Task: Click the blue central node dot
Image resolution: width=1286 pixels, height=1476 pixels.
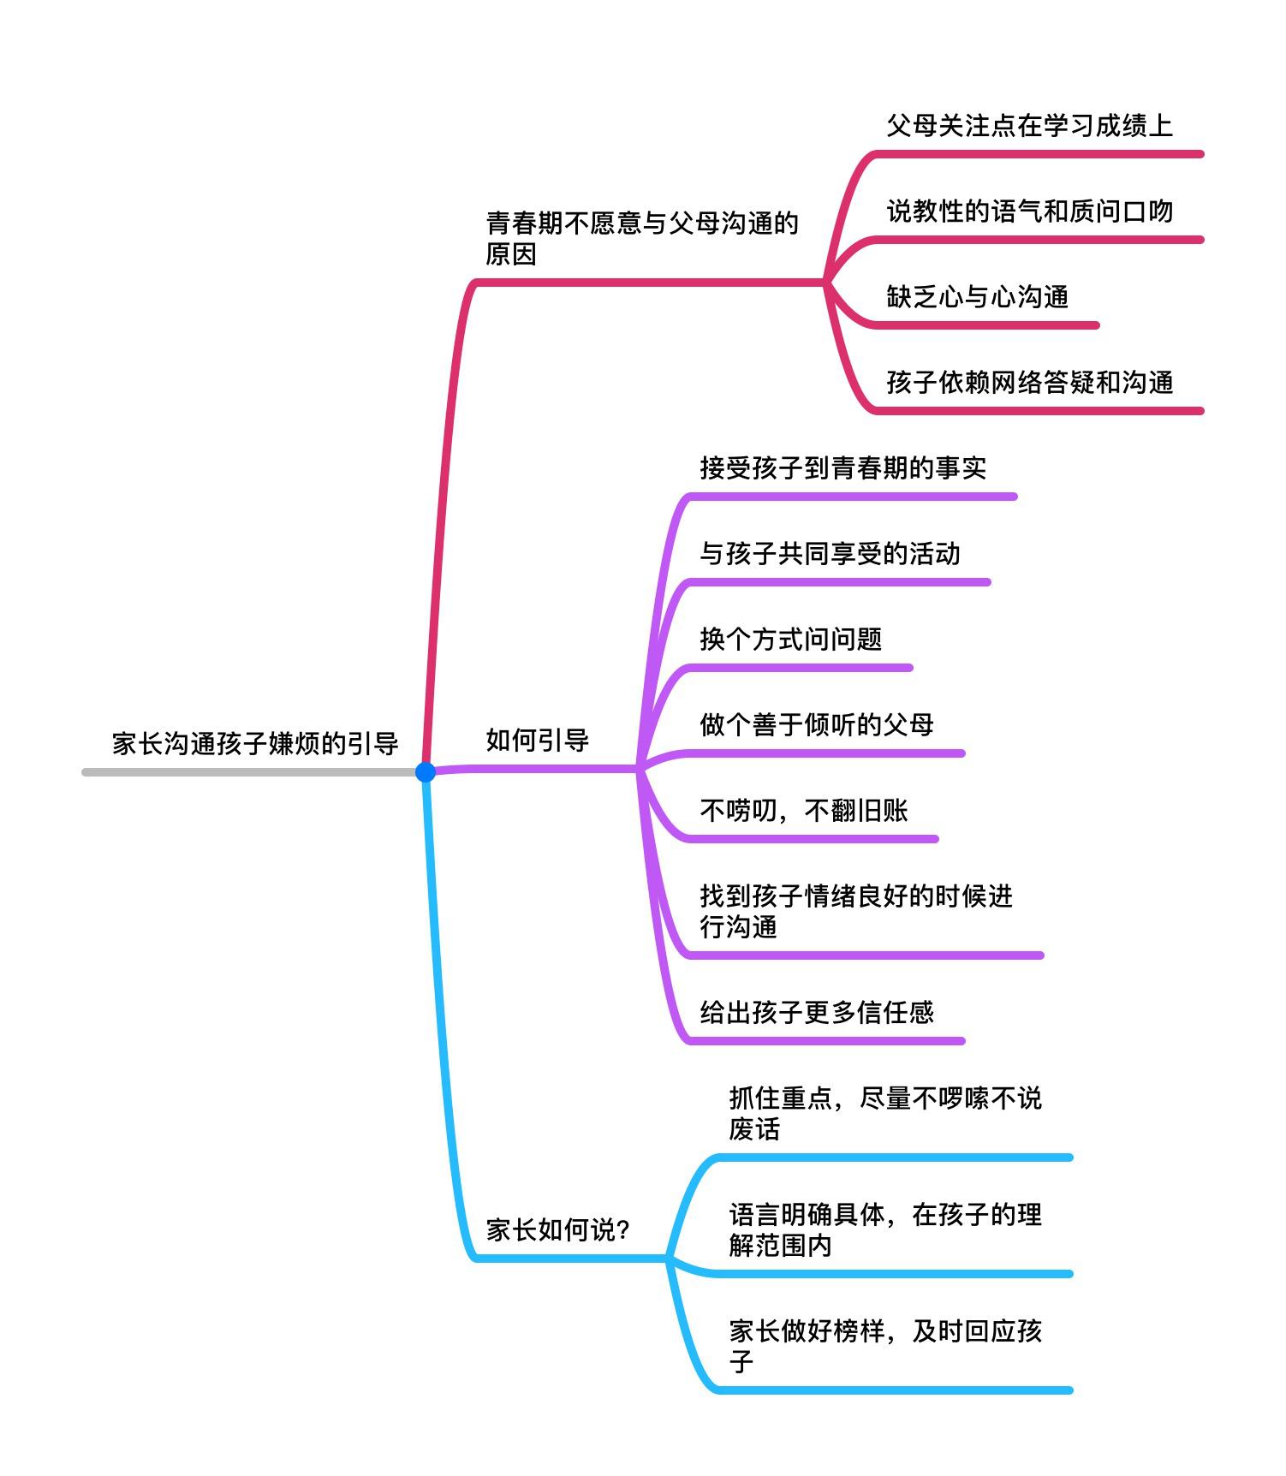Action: click(x=425, y=771)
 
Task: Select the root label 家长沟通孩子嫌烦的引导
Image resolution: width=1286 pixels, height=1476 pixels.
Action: click(x=255, y=743)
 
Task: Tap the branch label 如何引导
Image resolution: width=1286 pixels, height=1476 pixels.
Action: click(x=537, y=740)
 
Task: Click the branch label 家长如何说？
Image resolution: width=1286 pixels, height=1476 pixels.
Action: click(x=558, y=1229)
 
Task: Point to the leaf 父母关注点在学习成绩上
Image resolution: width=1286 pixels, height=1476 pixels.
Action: click(x=1029, y=126)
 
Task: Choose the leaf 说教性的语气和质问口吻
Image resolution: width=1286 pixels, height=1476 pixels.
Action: click(x=1029, y=211)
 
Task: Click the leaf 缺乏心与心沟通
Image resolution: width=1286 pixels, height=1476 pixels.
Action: click(x=977, y=297)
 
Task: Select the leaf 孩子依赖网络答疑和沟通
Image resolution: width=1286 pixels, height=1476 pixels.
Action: click(x=1029, y=382)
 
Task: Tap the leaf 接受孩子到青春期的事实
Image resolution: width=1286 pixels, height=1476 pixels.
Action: click(x=842, y=467)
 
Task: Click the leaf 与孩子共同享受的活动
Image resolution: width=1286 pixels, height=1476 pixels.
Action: click(x=830, y=553)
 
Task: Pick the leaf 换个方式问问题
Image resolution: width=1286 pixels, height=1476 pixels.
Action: click(x=790, y=639)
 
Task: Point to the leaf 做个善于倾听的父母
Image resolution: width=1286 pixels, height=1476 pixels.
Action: click(x=816, y=724)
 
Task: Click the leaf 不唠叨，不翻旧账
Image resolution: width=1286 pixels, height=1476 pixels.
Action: click(x=803, y=810)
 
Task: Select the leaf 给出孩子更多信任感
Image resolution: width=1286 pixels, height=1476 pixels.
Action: click(x=816, y=1012)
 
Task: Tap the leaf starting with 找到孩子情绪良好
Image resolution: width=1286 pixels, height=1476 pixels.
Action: click(x=856, y=911)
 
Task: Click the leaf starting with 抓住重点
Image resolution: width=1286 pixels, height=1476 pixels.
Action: click(x=885, y=1113)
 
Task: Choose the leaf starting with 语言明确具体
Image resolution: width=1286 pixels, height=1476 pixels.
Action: click(x=885, y=1229)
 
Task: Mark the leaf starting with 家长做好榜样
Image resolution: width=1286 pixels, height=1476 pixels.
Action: click(x=885, y=1346)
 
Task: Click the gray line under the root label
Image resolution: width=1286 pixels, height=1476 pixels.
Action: click(x=248, y=772)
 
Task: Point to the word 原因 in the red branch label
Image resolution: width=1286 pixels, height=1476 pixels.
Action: click(x=511, y=254)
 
